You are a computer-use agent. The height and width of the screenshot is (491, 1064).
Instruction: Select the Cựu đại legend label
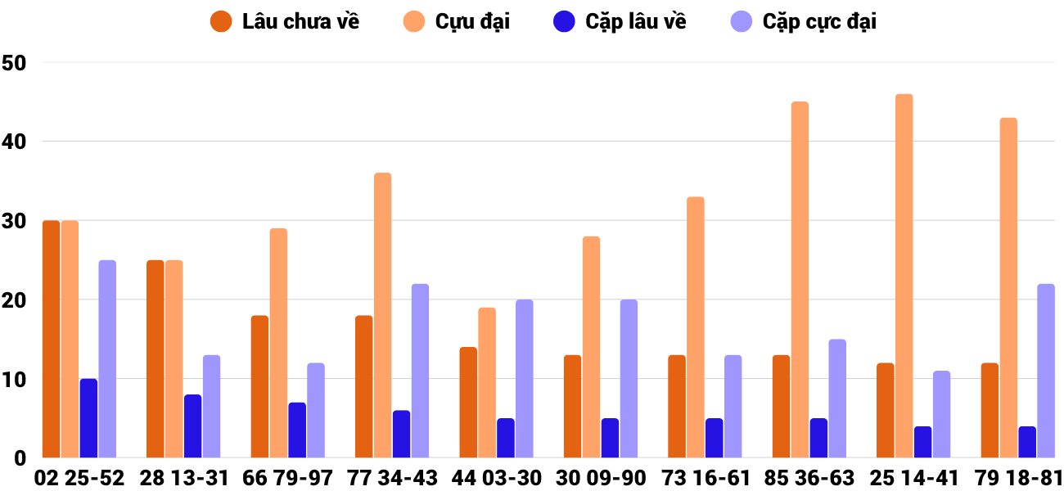471,21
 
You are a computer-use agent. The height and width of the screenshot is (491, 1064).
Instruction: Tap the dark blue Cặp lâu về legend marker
565,21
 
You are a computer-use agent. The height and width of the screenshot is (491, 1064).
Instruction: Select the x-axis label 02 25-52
79,478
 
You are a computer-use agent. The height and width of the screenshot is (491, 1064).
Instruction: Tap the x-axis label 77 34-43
392,478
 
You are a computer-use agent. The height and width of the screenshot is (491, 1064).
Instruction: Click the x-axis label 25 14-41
913,478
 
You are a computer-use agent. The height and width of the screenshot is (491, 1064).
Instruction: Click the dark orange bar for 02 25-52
51,339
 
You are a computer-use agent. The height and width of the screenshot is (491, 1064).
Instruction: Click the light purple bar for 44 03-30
524,378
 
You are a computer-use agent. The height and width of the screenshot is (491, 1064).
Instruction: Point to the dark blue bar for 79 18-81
1027,442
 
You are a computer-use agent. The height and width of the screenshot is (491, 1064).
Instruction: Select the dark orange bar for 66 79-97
259,386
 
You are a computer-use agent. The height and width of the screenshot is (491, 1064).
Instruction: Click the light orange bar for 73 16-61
696,327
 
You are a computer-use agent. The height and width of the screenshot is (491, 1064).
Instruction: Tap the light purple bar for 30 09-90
629,378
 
